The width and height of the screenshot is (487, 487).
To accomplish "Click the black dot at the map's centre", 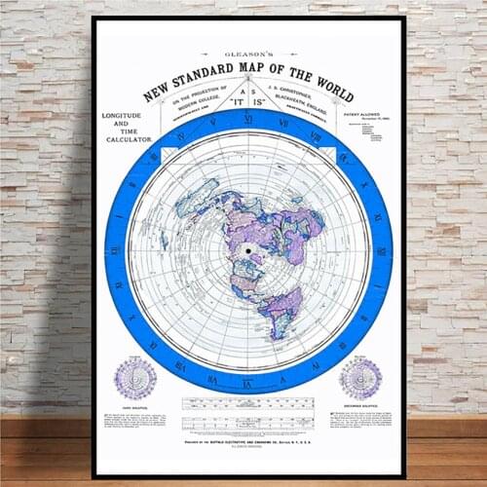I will pyautogui.click(x=247, y=250).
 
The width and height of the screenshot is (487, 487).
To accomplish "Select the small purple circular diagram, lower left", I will pyautogui.click(x=135, y=377).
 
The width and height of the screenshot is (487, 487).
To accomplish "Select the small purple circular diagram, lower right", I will pyautogui.click(x=359, y=377).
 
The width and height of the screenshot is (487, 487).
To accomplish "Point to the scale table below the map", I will pyautogui.click(x=247, y=402).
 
